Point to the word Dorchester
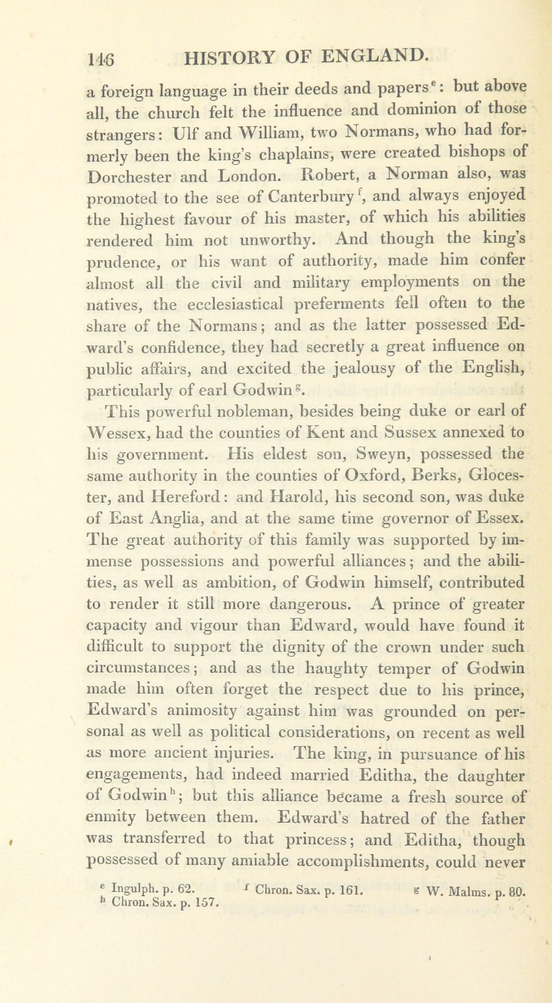130,177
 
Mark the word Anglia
177,519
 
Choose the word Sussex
410,432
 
